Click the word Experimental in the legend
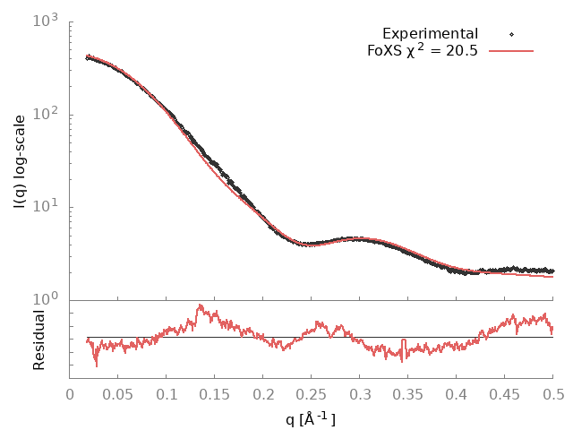pos(430,34)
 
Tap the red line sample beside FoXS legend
pos(511,51)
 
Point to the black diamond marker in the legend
pos(511,34)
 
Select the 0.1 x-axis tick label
pos(167,393)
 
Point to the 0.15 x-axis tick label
pos(215,393)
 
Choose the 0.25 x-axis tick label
pos(312,393)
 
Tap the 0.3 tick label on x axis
pos(360,393)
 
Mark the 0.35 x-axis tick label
pos(408,393)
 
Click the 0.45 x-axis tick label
pos(505,393)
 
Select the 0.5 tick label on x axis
pos(553,393)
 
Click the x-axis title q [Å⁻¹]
pos(311,417)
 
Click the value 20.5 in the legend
pos(460,51)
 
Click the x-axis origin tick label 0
pos(70,393)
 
